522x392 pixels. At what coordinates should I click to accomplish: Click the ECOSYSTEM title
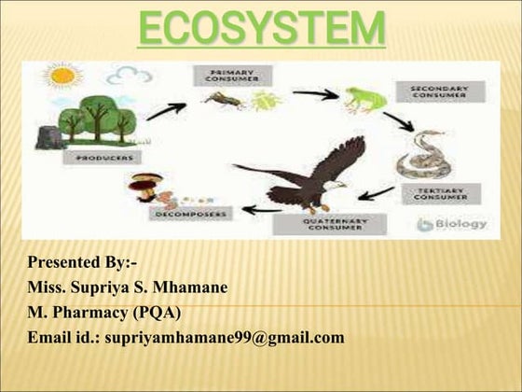tap(260, 27)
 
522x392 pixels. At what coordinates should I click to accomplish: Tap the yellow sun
tap(63, 75)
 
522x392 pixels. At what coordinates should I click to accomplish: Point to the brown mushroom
tap(144, 187)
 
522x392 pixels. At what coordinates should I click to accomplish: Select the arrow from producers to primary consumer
tap(165, 111)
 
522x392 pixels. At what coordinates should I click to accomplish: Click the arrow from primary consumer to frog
tap(315, 93)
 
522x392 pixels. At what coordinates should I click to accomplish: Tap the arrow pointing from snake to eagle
tap(377, 193)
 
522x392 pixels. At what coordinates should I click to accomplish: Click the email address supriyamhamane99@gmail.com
tap(224, 337)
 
